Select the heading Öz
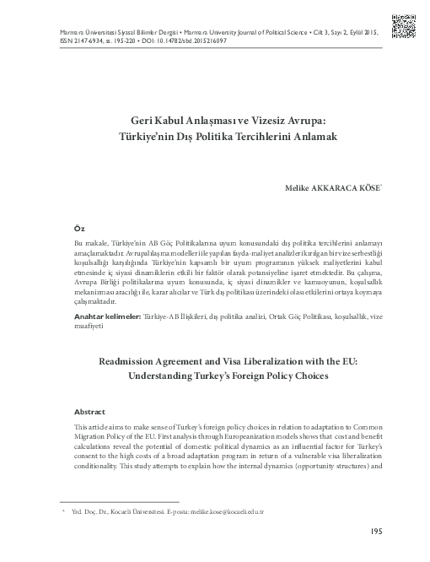(x=80, y=229)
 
